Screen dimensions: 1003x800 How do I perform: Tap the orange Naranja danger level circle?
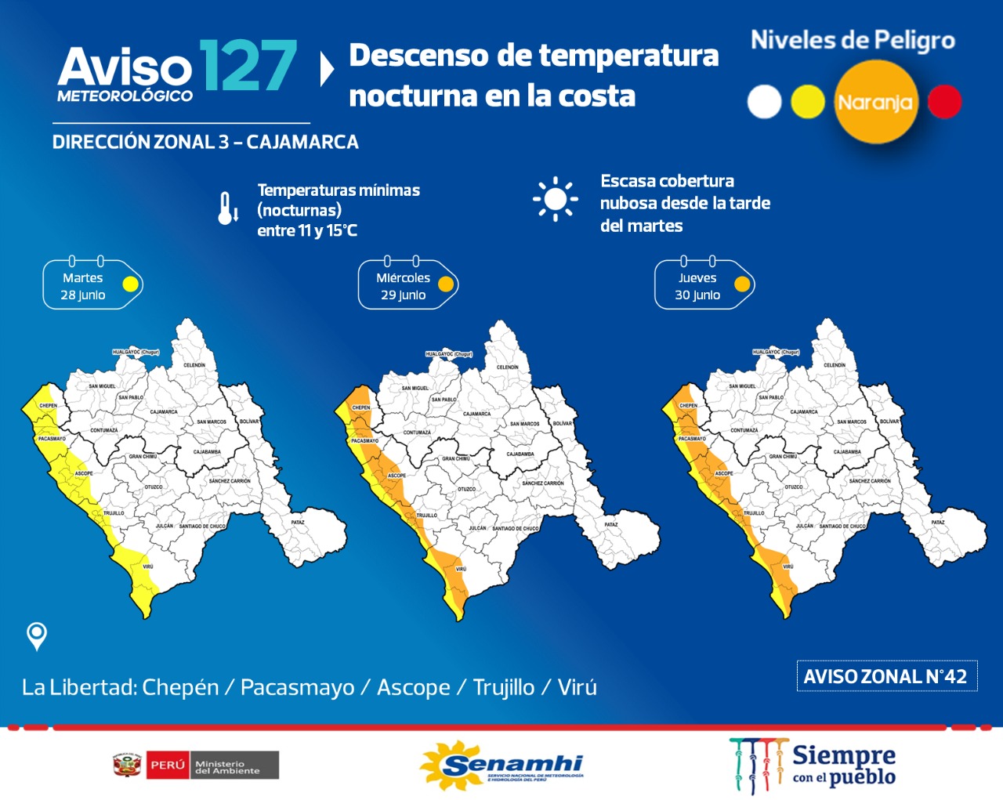(874, 102)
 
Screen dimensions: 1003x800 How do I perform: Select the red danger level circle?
(944, 102)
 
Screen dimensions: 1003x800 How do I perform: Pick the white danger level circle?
(764, 102)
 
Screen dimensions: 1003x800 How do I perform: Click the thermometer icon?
(227, 208)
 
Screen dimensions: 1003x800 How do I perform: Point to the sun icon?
(556, 199)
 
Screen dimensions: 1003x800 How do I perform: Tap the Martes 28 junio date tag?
(92, 285)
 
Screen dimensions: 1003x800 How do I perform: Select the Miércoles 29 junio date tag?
(407, 285)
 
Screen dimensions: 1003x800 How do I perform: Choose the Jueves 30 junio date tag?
(704, 285)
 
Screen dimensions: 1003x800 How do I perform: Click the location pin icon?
(37, 635)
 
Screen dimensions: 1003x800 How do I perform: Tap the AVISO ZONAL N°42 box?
(886, 676)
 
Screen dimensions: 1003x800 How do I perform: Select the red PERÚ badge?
(167, 765)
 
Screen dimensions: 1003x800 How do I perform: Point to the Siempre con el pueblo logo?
(815, 766)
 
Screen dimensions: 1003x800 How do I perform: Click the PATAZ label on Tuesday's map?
(298, 522)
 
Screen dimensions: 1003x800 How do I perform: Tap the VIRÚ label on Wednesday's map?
(461, 569)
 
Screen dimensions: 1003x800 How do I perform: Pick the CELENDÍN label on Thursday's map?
(835, 365)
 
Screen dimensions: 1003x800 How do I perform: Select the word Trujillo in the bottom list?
(504, 687)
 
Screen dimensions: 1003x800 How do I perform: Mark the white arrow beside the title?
(328, 69)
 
